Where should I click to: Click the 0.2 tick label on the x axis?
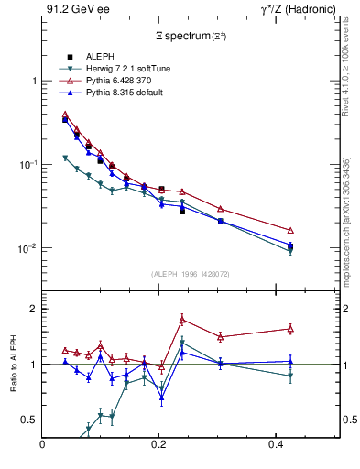point(158,445)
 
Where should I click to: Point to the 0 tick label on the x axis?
point(42,445)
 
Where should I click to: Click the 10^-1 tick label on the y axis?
point(27,165)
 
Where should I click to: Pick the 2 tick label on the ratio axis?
point(33,309)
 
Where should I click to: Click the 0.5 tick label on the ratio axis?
point(29,420)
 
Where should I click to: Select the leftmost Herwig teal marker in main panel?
point(65,158)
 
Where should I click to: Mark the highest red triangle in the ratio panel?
point(182,320)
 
